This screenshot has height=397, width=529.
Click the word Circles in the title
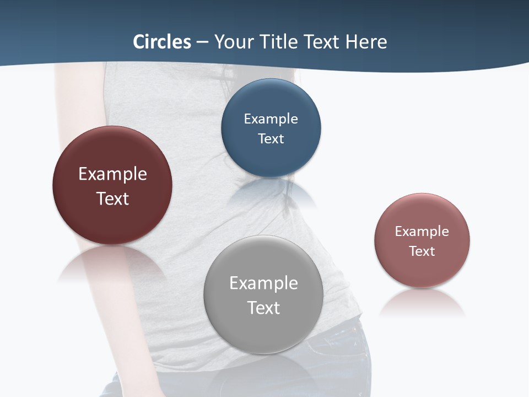coord(162,42)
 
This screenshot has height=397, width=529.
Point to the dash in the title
coord(202,42)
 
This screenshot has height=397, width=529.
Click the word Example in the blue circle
coord(271,119)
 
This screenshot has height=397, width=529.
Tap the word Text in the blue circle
coord(271,138)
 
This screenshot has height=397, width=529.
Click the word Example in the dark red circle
coord(112,174)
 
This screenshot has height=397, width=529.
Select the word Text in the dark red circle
coord(112,198)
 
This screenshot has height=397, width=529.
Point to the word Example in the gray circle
coord(263,283)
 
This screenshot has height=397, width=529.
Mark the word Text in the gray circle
coord(263,308)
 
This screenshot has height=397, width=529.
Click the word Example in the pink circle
coord(422,232)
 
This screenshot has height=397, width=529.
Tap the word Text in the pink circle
coord(422,251)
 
